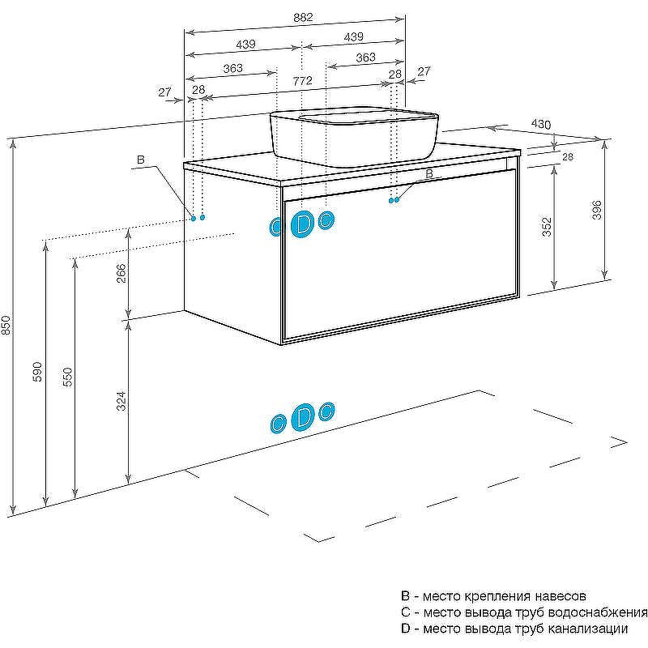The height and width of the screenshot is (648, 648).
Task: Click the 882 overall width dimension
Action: (x=303, y=17)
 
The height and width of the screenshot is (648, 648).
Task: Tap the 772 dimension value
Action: (x=302, y=80)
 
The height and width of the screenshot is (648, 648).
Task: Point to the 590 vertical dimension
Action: (x=37, y=372)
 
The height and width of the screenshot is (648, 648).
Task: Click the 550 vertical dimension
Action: (x=67, y=377)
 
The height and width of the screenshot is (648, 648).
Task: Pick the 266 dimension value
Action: (x=121, y=273)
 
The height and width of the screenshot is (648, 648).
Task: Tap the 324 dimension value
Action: (x=121, y=401)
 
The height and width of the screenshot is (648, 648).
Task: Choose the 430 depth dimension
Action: (x=541, y=124)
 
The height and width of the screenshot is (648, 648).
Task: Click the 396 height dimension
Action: (x=596, y=210)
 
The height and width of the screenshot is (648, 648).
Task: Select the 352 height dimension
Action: (x=547, y=227)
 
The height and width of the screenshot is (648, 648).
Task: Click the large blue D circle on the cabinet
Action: (x=302, y=224)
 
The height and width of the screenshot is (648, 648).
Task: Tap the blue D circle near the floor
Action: (x=302, y=417)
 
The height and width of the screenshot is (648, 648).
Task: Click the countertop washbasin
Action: (x=354, y=135)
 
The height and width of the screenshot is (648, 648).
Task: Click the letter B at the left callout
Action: (x=140, y=160)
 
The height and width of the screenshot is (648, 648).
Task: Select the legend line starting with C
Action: (x=523, y=612)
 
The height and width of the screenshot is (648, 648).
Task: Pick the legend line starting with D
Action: (x=514, y=629)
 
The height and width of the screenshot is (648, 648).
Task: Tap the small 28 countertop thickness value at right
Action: (x=568, y=156)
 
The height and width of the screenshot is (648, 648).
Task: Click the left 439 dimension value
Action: (x=245, y=44)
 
